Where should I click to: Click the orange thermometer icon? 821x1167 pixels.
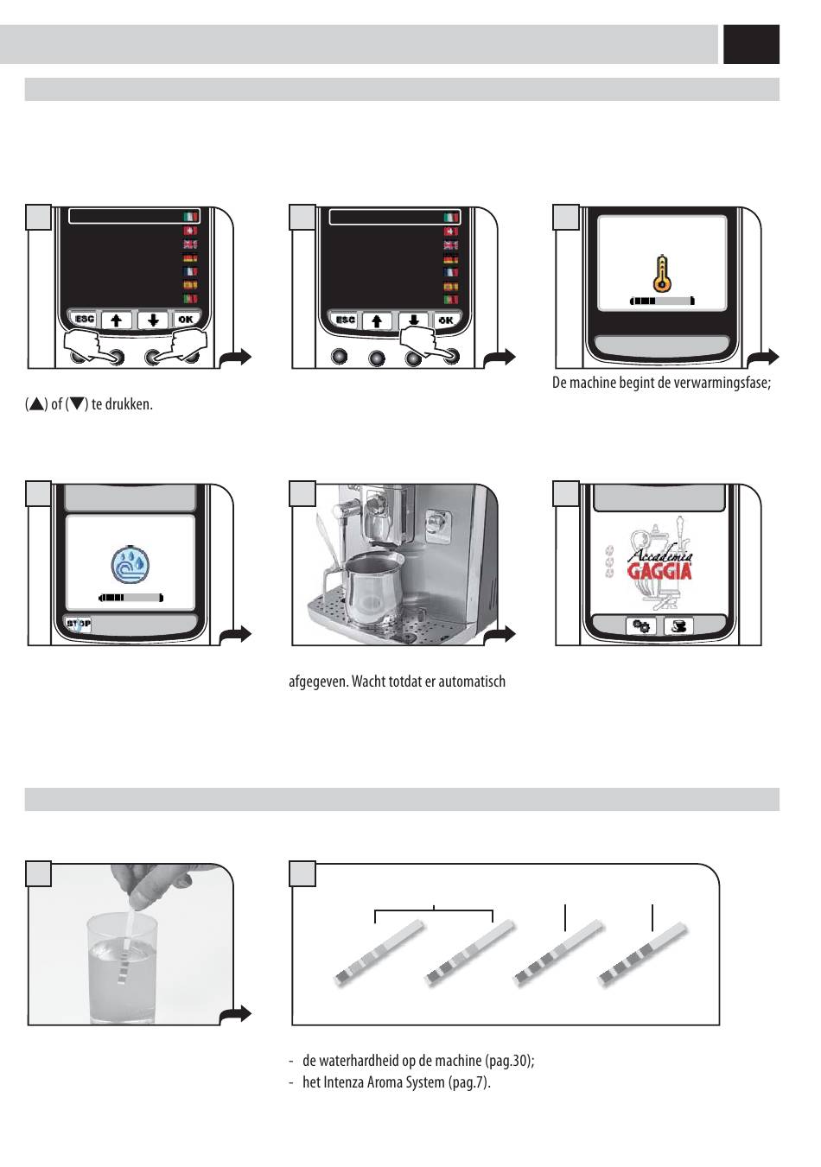coord(661,274)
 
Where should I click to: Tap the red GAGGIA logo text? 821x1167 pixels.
coord(659,571)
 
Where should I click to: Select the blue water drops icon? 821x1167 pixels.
coord(130,565)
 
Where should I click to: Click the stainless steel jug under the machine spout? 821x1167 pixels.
coord(371,589)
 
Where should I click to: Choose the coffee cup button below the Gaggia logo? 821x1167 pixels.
coord(678,625)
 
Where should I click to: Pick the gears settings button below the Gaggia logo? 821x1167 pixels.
coord(640,625)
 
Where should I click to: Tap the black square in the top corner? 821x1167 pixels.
coord(751,44)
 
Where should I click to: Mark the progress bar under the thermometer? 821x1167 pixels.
coord(662,301)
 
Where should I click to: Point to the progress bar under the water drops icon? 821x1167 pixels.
coord(130,598)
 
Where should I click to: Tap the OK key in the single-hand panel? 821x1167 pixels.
coord(446,320)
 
